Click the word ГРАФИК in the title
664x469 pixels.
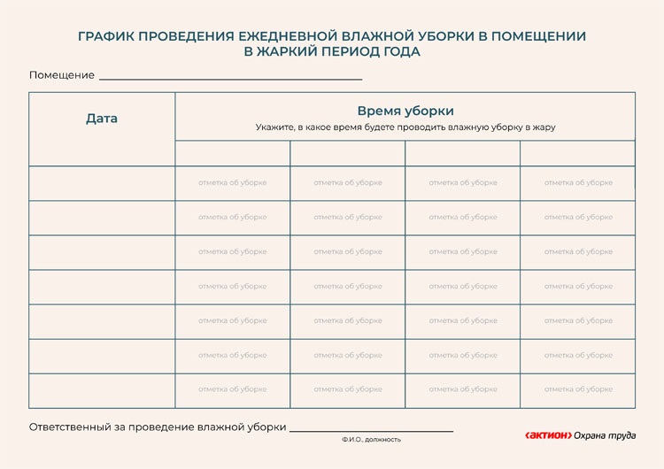(108, 36)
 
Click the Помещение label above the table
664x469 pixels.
(62, 75)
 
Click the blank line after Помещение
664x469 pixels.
(230, 77)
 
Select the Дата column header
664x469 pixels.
(102, 119)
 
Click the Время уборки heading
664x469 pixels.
(405, 111)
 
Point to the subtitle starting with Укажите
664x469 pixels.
(405, 127)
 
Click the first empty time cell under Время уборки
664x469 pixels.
(233, 153)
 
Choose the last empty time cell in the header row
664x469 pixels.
(577, 153)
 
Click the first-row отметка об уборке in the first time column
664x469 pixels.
(233, 183)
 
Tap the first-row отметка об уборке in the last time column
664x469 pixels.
(578, 183)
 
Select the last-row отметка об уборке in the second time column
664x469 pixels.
(348, 389)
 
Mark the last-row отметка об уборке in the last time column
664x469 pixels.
(578, 389)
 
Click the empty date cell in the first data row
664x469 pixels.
(102, 183)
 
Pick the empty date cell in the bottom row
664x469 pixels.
(102, 390)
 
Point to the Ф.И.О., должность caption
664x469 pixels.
(371, 439)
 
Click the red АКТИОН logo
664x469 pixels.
(547, 434)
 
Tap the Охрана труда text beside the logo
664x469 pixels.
(605, 434)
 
